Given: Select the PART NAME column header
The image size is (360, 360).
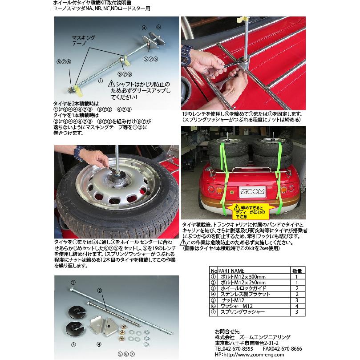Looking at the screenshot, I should coord(232,271).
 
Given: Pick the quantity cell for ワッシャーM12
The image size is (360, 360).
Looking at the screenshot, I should coord(297,306).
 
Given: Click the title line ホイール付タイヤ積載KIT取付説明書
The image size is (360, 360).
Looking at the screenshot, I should coord(87,3).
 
